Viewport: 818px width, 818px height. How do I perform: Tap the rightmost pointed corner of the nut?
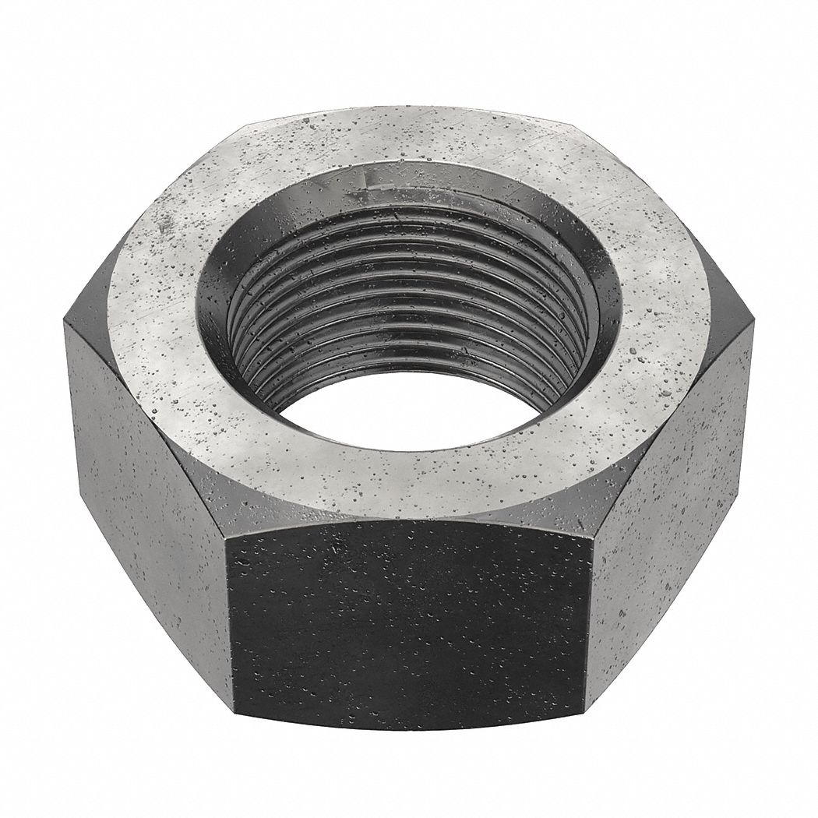[753, 327]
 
